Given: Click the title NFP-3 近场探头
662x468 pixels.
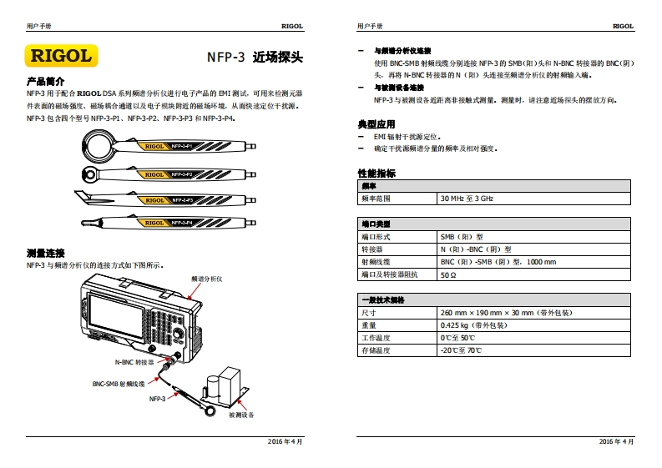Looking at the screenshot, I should point(255,58).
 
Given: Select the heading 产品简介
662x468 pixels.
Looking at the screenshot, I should point(46,82).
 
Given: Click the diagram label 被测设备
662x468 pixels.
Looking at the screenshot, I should point(240,415).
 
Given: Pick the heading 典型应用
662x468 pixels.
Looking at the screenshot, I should point(376,123).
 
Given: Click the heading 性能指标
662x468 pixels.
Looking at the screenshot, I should point(376,174).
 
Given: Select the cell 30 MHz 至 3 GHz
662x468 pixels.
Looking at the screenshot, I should point(467,199).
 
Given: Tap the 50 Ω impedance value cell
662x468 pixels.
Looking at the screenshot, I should point(448,274).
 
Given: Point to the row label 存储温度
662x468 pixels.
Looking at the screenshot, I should point(375,350).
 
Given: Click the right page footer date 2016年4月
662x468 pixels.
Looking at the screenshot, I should point(617,440).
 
